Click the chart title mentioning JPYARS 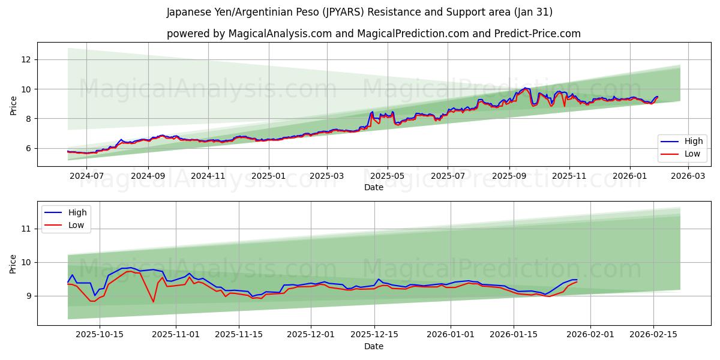pyautogui.click(x=359, y=12)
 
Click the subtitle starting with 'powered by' pyautogui.click(x=373, y=34)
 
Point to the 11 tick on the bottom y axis pyautogui.click(x=26, y=229)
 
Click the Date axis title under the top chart pyautogui.click(x=373, y=188)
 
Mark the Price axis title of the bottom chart pyautogui.click(x=13, y=263)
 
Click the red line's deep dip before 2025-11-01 pyautogui.click(x=153, y=301)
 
